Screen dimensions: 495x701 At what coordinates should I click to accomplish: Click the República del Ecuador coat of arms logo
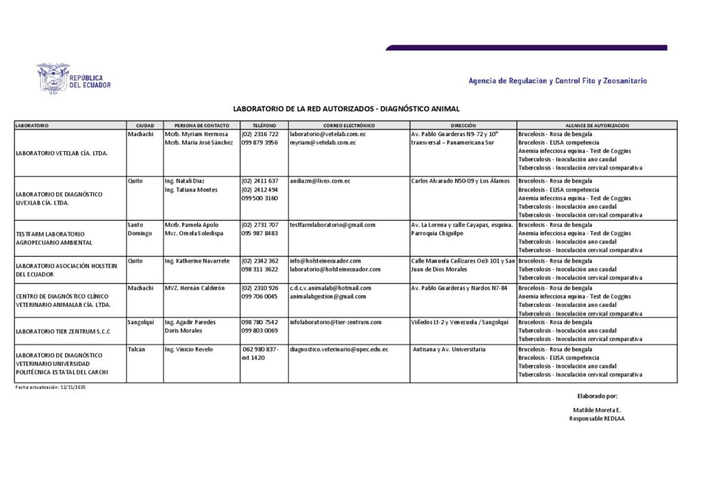point(53,78)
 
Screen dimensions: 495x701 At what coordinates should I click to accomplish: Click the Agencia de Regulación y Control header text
point(557,81)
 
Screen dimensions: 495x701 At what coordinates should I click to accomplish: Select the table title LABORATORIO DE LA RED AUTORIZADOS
point(346,109)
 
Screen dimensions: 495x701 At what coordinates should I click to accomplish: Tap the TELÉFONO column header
point(264,126)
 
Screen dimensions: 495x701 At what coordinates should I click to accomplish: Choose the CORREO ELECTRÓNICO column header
point(349,126)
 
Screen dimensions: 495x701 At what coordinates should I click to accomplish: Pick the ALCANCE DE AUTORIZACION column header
point(597,126)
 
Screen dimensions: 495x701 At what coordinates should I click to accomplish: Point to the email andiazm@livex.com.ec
point(320,181)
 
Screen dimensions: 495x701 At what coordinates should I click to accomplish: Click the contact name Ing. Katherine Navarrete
point(197,261)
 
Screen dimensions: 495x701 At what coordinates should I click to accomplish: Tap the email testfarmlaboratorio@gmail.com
point(332,225)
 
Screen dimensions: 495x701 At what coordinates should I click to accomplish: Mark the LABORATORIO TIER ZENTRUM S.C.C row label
point(62,331)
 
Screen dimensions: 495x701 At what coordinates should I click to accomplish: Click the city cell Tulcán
point(136,349)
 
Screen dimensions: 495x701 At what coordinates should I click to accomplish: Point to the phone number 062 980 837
point(260,349)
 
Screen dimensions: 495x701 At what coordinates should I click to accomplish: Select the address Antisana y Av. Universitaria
point(449,349)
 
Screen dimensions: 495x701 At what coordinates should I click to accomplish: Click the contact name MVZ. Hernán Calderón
point(194,288)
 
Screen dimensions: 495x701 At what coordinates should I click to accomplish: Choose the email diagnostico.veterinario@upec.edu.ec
point(339,349)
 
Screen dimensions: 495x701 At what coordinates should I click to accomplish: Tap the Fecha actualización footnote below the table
point(51,388)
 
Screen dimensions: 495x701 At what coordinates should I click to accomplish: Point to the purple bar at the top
point(526,48)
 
